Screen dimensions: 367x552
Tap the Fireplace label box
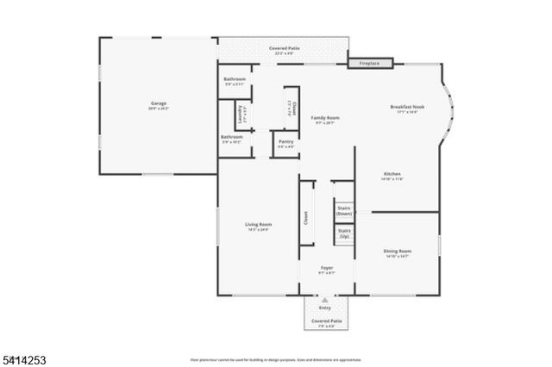(x=370, y=63)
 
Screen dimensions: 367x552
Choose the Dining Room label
(x=397, y=251)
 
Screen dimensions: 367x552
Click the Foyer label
(x=327, y=268)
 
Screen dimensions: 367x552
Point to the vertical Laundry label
(x=245, y=114)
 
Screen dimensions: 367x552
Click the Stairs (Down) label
(x=343, y=210)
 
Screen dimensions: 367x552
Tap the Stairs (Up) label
(x=343, y=233)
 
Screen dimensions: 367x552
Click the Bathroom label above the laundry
(x=234, y=79)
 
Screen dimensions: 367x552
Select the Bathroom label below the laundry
(x=231, y=137)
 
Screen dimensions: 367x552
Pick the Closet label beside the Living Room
(x=305, y=219)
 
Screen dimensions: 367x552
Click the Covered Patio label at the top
(x=284, y=49)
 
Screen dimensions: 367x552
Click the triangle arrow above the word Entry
(x=325, y=300)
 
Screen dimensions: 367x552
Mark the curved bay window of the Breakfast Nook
(x=449, y=109)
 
